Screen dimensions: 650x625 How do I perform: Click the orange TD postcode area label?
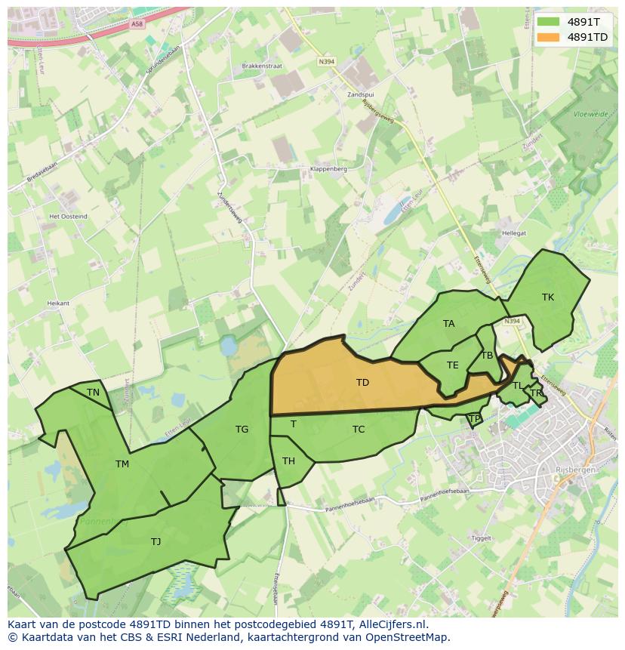coord(362,383)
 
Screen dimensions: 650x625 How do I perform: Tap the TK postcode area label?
coord(548,297)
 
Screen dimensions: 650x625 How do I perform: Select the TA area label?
coord(449,324)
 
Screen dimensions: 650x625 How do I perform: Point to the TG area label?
coord(242,430)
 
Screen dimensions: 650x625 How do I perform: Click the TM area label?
coord(122,464)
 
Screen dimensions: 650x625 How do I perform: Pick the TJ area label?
coord(155,541)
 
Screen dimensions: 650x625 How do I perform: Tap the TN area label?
coord(93,393)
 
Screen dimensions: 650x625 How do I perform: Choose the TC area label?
coord(359,430)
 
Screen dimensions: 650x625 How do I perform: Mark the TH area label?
coord(288,461)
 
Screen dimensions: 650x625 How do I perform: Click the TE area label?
coord(452,365)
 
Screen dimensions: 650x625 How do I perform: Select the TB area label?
coord(487,356)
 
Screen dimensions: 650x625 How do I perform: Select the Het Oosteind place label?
coord(68,217)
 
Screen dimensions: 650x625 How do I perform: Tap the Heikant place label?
coord(58,303)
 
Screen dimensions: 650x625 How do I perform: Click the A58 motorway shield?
coord(137,24)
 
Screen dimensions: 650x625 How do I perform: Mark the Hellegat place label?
coord(514,234)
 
